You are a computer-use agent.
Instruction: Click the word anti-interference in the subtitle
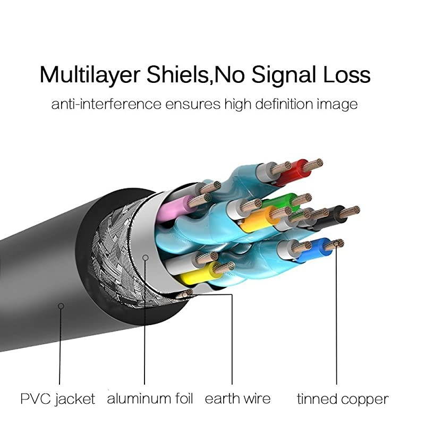pos(106,104)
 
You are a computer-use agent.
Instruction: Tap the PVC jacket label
pos(58,398)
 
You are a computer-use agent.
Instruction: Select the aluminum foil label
pos(150,398)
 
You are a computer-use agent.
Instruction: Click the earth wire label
pos(237,398)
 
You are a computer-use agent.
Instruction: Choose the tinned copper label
pos(343,398)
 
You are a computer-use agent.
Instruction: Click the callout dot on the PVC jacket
pos(61,305)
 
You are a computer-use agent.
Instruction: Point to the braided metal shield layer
pos(114,250)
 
